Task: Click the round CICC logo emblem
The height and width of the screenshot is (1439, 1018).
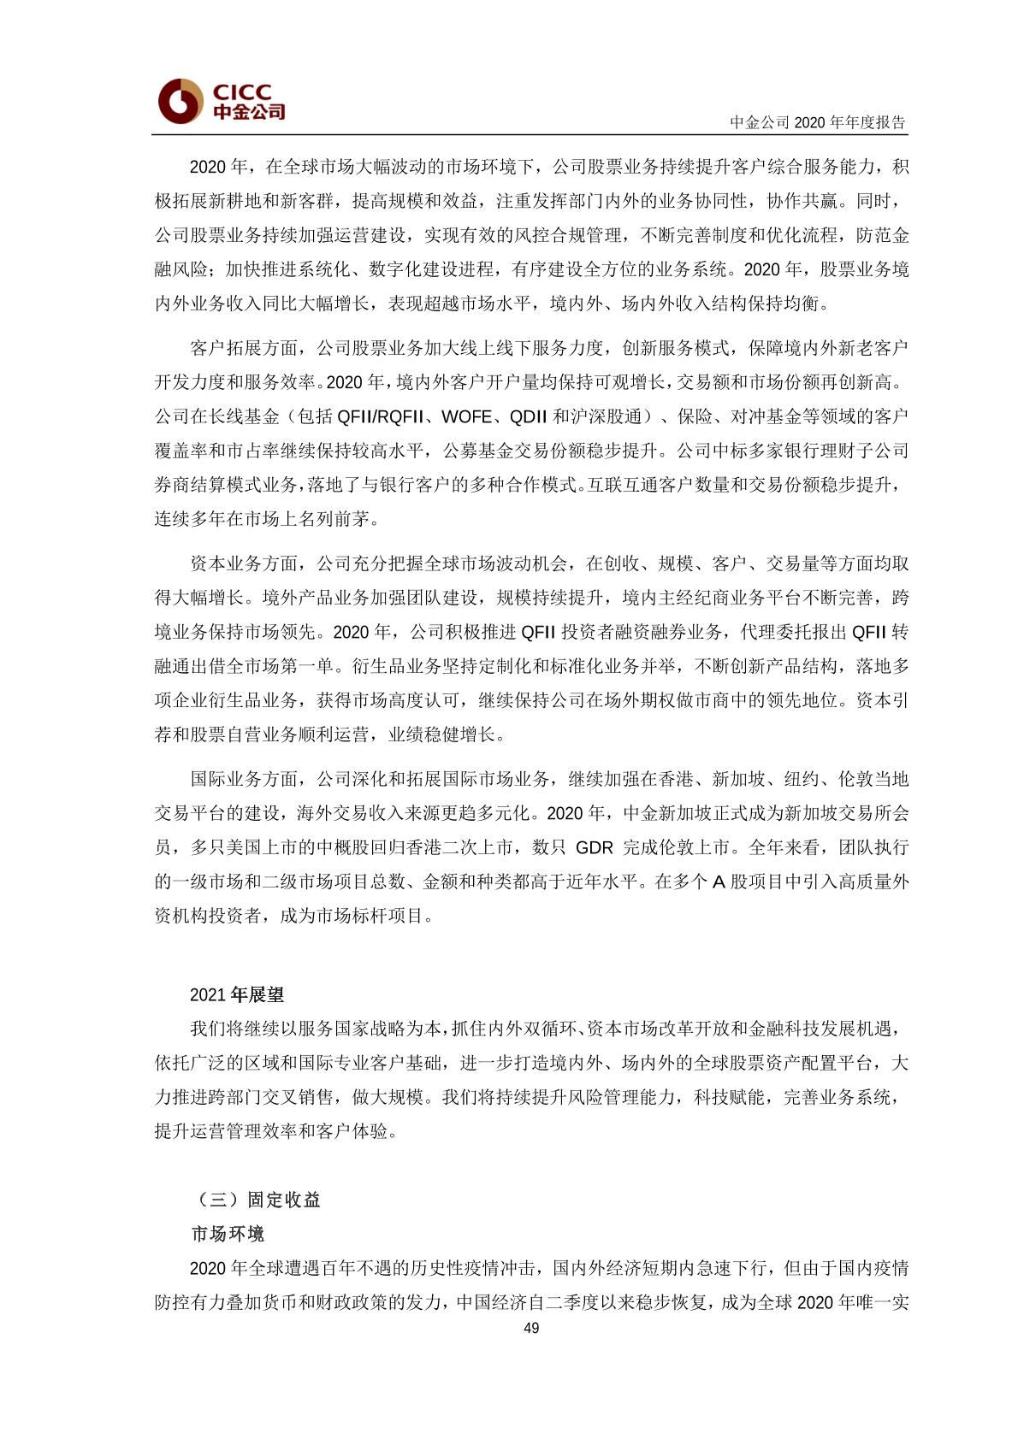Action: [x=179, y=102]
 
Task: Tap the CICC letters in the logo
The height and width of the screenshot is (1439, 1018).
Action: [x=242, y=91]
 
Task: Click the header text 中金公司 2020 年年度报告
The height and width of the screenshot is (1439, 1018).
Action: [x=817, y=122]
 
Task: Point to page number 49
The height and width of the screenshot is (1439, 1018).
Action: [x=531, y=1328]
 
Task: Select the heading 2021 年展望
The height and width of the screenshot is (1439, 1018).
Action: [x=237, y=994]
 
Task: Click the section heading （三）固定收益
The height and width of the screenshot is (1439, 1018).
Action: [x=256, y=1200]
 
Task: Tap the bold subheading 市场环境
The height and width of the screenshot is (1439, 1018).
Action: [x=228, y=1234]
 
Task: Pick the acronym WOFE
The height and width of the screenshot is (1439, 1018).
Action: [x=466, y=416]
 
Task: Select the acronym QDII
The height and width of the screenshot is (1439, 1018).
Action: [x=528, y=416]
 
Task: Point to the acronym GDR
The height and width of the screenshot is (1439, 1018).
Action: [x=595, y=847]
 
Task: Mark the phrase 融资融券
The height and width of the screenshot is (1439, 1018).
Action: [x=666, y=632]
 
